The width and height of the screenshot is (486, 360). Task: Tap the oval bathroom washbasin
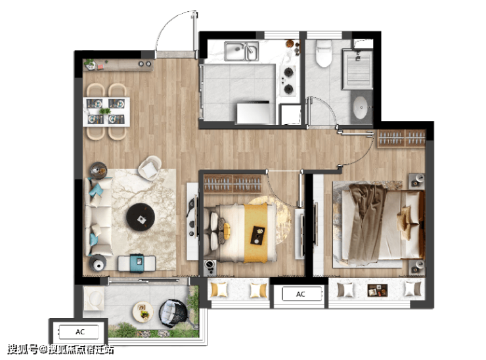point(361,108)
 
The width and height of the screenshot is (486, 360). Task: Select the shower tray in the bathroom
point(357,69)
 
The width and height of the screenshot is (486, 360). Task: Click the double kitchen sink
point(242,51)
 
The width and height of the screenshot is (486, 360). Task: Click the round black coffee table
point(141,217)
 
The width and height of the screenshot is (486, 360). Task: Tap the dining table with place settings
point(106,112)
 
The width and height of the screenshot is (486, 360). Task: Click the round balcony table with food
point(143,311)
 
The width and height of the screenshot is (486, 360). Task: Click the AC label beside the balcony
point(80,332)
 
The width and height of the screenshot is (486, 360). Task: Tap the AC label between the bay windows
point(301,294)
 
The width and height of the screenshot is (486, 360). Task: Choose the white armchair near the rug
point(150,168)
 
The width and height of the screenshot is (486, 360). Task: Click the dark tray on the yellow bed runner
point(257,235)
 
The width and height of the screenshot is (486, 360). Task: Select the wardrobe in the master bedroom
point(401,139)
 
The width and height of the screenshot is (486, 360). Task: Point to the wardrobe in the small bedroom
point(232,184)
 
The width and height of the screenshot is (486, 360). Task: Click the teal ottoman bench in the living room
point(137,263)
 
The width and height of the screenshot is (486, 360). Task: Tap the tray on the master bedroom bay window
point(378,290)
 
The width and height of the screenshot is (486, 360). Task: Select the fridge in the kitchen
point(254,113)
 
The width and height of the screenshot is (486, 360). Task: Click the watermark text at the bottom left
point(60,349)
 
